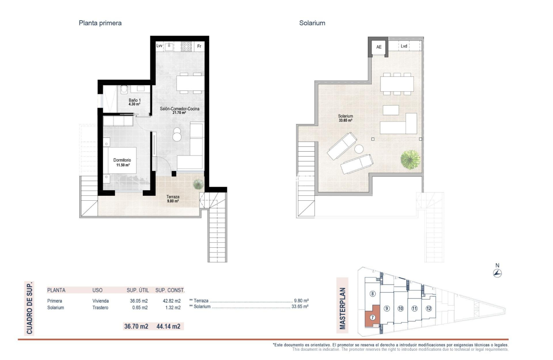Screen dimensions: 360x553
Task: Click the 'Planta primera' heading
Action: [x=100, y=23]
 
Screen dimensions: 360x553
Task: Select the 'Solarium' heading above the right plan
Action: [x=312, y=23]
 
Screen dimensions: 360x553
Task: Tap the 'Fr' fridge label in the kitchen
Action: [x=199, y=46]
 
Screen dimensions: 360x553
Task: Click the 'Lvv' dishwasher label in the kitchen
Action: [x=160, y=46]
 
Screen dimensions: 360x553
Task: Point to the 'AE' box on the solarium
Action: [x=379, y=47]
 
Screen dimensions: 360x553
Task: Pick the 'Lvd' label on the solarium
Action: [x=404, y=46]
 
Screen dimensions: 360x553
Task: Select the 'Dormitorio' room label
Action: [x=122, y=161]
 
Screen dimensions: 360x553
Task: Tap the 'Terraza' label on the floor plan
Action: [x=171, y=196]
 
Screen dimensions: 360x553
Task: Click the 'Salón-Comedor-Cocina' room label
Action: [x=179, y=109]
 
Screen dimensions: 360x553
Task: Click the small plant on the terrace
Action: [x=198, y=184]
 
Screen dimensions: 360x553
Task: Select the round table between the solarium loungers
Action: [x=359, y=149]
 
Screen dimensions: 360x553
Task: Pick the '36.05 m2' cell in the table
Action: [x=137, y=301]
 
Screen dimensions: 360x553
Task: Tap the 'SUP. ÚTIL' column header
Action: [x=138, y=290]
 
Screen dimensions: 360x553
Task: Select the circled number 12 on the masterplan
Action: [x=428, y=308]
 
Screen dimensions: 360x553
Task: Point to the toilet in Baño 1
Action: [x=124, y=90]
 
